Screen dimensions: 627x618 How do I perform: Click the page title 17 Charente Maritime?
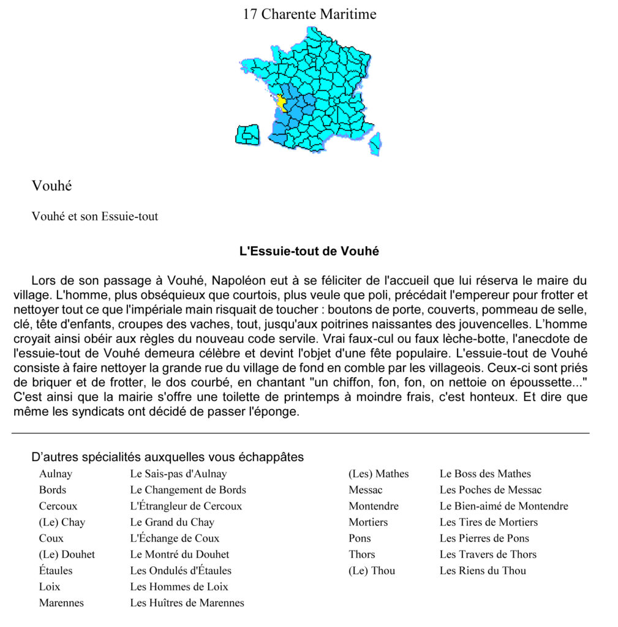click(309, 14)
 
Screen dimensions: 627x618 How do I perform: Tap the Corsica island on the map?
click(375, 143)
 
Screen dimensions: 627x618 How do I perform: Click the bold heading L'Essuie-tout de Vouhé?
click(309, 251)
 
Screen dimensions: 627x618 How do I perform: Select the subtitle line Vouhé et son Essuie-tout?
click(95, 216)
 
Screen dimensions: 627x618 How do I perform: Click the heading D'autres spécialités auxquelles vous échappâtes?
click(167, 457)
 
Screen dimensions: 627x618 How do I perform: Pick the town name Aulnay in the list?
click(56, 474)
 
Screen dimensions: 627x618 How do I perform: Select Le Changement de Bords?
click(188, 490)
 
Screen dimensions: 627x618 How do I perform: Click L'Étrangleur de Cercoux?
click(186, 506)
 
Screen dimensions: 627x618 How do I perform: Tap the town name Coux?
click(51, 538)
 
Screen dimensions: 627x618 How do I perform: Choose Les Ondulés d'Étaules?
click(181, 571)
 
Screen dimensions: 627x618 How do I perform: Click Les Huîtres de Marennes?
click(187, 603)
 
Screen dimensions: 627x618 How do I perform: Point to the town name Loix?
click(50, 587)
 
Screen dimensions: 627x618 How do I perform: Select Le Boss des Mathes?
click(485, 474)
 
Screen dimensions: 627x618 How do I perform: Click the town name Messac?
click(366, 490)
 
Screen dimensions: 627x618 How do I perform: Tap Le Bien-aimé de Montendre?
click(503, 506)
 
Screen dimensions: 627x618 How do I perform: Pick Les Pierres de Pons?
click(484, 538)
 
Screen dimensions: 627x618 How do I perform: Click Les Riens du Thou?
click(483, 571)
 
